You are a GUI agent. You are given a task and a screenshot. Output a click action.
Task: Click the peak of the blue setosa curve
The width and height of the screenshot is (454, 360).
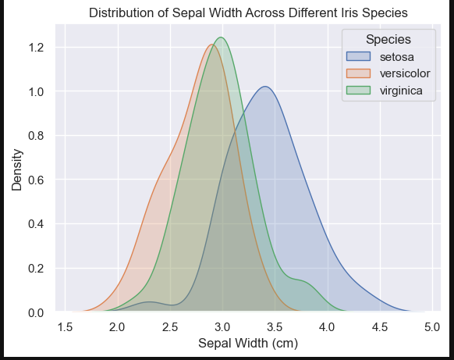click(265, 87)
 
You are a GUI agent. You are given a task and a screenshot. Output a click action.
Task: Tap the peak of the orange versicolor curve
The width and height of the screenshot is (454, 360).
click(212, 45)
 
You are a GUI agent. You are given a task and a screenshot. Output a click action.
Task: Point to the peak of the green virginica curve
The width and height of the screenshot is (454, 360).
click(222, 37)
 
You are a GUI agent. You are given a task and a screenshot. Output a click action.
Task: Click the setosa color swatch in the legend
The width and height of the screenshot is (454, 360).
click(358, 56)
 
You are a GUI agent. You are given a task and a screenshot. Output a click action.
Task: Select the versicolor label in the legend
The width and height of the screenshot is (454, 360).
click(405, 73)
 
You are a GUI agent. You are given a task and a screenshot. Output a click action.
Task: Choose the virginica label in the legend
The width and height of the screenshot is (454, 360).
click(401, 91)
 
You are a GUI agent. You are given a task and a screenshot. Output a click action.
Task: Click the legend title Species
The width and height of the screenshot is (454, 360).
click(388, 39)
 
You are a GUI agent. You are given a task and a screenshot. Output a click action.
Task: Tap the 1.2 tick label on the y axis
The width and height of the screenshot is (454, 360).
click(36, 48)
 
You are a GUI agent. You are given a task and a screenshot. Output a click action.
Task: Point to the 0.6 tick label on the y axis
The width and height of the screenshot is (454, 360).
click(36, 180)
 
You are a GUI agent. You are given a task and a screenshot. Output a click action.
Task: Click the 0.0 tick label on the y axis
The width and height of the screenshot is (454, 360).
click(36, 312)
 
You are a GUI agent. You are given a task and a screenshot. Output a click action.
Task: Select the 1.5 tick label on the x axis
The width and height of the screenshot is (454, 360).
click(65, 327)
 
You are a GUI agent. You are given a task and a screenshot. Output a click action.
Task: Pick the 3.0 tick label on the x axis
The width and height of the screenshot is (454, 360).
click(222, 327)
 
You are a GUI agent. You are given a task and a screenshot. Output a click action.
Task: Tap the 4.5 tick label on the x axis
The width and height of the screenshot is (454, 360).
click(380, 327)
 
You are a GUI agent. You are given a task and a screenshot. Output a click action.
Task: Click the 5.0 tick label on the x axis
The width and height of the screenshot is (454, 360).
click(432, 327)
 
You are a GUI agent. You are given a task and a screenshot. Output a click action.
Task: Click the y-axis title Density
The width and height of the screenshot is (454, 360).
click(17, 170)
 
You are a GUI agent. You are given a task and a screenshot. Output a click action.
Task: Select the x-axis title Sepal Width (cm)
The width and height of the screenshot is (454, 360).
click(248, 344)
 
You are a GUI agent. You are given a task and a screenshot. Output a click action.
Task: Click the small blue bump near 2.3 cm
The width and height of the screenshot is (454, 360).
click(149, 302)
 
